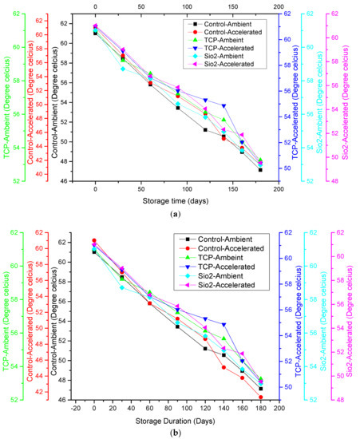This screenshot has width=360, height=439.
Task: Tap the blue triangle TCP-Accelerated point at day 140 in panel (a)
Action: [x=224, y=106]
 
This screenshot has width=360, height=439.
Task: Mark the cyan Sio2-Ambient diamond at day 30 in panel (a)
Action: [x=123, y=69]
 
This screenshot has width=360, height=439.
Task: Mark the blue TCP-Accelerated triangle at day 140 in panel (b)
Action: [x=224, y=325]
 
